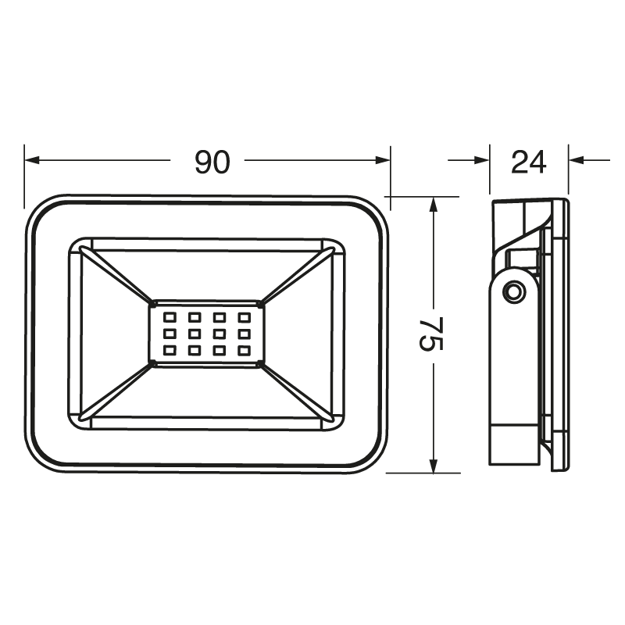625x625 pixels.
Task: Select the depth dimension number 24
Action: [x=528, y=162]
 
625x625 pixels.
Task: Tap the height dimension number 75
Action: [x=429, y=334]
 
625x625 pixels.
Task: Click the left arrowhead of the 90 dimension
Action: [x=31, y=161]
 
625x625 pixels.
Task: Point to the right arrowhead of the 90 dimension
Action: [x=382, y=161]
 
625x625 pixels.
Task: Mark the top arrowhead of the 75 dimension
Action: [x=434, y=204]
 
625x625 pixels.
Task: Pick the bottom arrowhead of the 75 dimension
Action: [x=434, y=466]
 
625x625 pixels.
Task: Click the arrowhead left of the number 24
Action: [x=482, y=161]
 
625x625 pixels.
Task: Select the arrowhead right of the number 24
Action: [x=576, y=161]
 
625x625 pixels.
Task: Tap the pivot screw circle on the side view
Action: [x=514, y=291]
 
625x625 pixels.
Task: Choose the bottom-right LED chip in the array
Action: [x=244, y=351]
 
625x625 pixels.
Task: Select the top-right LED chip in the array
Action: [x=244, y=318]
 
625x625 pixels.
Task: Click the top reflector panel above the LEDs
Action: [x=206, y=273]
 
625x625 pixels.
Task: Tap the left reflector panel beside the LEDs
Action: [x=113, y=334]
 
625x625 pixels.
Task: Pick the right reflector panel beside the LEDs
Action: [x=298, y=334]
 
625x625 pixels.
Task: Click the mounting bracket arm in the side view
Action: [x=513, y=367]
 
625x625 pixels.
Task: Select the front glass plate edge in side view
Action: [x=560, y=336]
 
